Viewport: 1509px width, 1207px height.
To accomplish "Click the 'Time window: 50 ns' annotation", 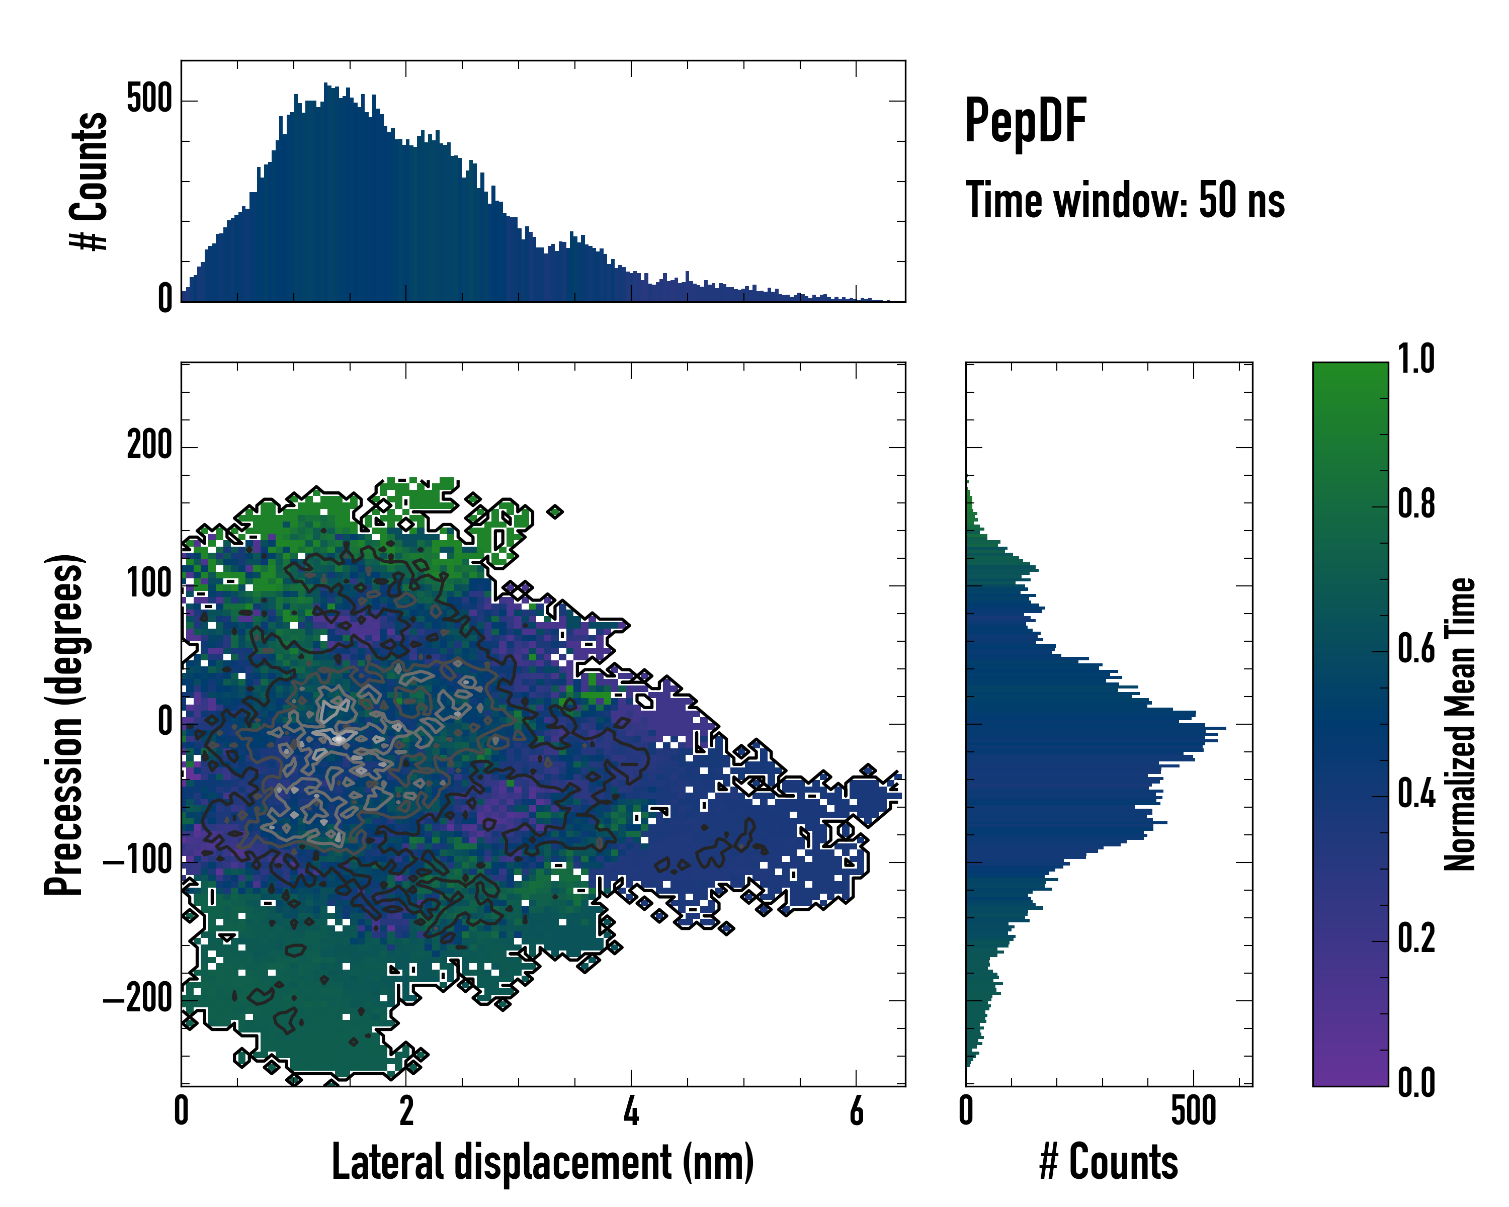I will click(1125, 201).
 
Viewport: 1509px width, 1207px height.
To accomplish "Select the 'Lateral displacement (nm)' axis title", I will click(542, 1162).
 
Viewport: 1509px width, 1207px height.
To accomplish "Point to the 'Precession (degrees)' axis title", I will click(64, 724).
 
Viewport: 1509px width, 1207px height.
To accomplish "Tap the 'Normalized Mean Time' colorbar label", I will click(1459, 724).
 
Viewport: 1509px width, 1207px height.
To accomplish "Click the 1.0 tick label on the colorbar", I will click(1416, 360).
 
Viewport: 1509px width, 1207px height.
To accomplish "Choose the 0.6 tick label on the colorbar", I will click(1416, 649).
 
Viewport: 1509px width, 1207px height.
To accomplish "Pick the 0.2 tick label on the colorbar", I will click(1416, 938).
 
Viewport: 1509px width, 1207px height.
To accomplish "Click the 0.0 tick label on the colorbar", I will click(1416, 1083).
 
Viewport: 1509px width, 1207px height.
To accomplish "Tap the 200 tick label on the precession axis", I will click(149, 446).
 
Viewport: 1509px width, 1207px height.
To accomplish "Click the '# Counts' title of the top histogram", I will click(90, 181).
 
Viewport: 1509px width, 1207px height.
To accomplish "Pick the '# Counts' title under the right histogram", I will click(1109, 1162).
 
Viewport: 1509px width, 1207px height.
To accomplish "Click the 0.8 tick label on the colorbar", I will click(1416, 504).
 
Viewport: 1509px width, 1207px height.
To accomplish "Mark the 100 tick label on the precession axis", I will click(149, 584).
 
